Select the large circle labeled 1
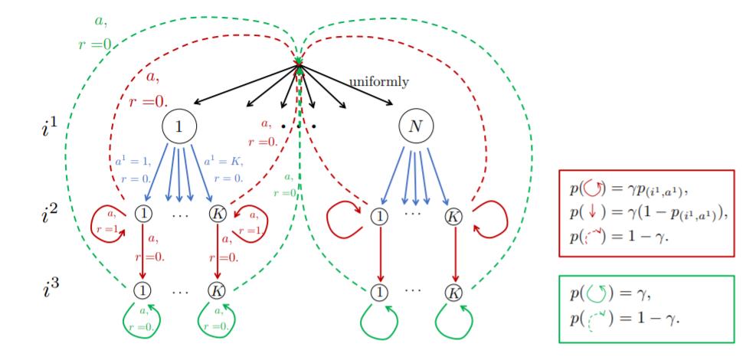point(178,124)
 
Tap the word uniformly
point(378,80)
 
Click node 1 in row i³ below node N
point(379,291)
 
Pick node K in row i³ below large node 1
point(218,291)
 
